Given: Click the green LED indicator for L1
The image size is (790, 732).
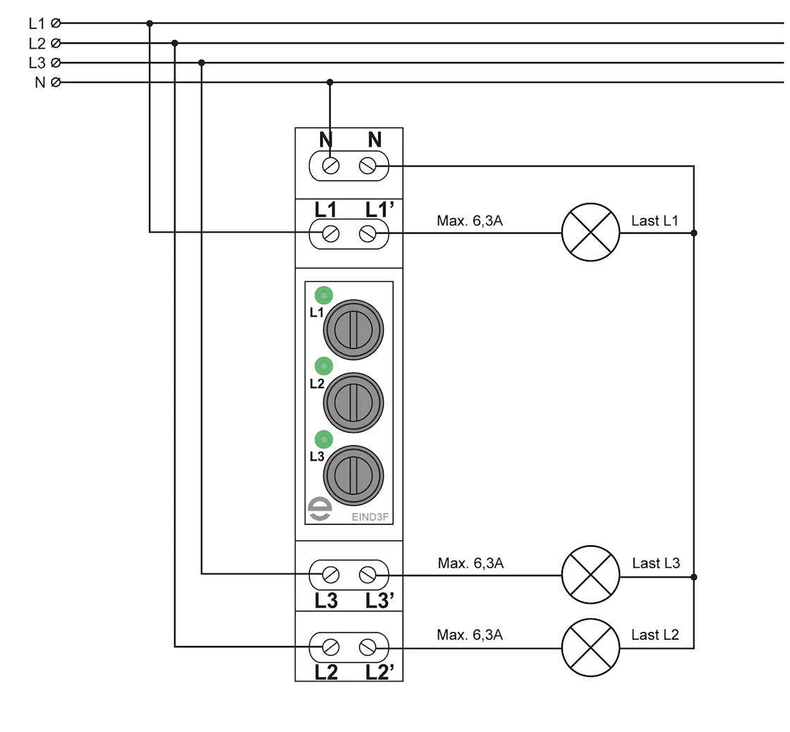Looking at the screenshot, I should (324, 295).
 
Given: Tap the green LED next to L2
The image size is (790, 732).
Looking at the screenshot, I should (324, 366).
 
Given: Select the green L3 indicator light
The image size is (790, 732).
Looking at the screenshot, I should (324, 439).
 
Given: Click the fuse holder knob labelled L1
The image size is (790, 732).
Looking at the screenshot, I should (353, 330).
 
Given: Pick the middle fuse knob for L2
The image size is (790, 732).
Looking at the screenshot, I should (353, 403).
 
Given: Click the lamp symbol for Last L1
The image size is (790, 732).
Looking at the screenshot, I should (590, 232).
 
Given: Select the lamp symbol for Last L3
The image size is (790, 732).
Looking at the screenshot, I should (590, 574).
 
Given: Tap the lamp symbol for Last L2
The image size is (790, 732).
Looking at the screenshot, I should (590, 647).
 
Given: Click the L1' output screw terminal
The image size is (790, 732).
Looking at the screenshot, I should (367, 233).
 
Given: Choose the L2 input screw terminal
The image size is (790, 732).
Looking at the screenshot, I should (330, 647).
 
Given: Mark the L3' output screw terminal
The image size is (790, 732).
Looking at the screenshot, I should (367, 575).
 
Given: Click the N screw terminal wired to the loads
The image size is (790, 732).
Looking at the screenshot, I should (367, 166).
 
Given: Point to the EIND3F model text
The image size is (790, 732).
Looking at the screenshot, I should (370, 516).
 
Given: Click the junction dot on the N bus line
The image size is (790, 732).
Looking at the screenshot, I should (330, 82).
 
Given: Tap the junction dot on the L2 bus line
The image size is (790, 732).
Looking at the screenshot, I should (175, 43).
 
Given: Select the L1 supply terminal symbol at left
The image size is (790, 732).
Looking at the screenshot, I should (56, 23).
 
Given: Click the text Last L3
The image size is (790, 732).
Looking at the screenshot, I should (656, 563).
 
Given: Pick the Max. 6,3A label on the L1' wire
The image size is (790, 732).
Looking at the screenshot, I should (470, 221).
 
